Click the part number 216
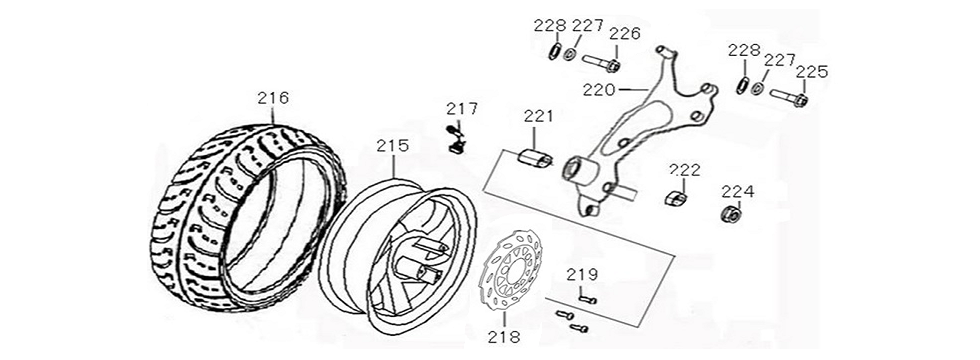272,98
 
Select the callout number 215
393,146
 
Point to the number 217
462,109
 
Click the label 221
537,117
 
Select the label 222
684,169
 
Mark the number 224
738,191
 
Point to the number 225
812,71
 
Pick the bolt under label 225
789,98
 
